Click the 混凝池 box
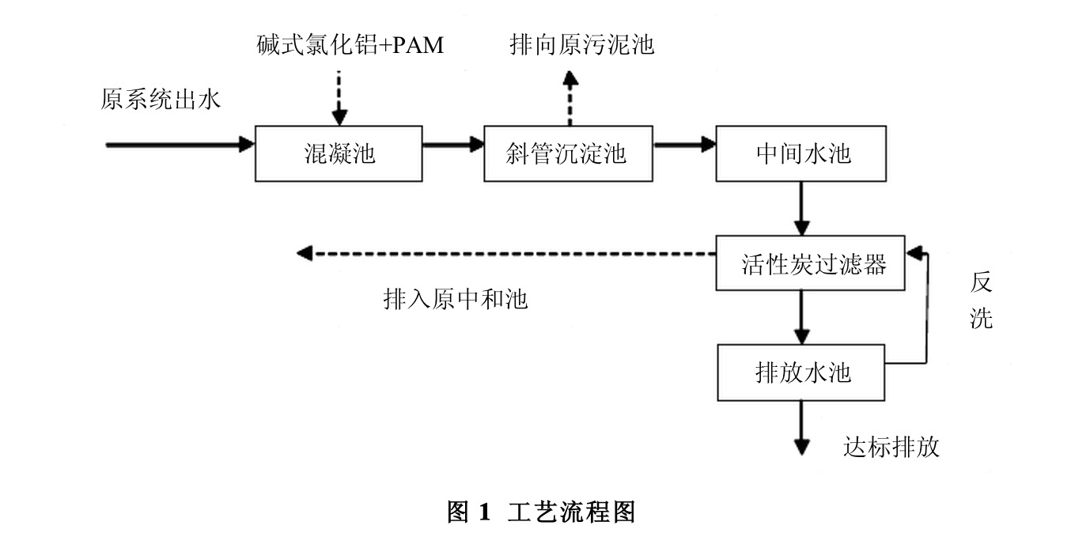click(x=339, y=153)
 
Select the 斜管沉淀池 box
click(x=568, y=153)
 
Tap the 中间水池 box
click(x=800, y=153)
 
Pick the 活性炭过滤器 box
click(x=810, y=263)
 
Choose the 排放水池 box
click(x=800, y=372)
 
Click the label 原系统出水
click(x=161, y=100)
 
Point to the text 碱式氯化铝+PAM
click(x=350, y=45)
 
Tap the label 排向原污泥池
click(x=581, y=45)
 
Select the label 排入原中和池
click(x=455, y=300)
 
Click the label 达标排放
click(x=891, y=448)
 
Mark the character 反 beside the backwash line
click(x=981, y=282)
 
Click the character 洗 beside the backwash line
click(x=981, y=318)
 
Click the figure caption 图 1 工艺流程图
click(x=541, y=512)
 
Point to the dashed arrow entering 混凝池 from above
click(x=339, y=99)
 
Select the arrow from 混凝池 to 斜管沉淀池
click(x=452, y=145)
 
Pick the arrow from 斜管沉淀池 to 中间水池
click(x=684, y=145)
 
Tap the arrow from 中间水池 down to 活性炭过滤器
click(x=801, y=208)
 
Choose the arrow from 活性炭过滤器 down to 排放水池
click(x=801, y=316)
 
